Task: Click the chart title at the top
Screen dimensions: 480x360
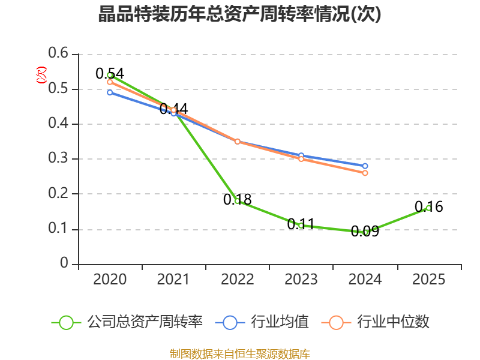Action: pos(239,14)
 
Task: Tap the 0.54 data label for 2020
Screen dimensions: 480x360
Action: pos(110,73)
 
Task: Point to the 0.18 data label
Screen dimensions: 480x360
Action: pos(237,200)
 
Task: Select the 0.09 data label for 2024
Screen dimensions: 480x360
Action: pos(365,231)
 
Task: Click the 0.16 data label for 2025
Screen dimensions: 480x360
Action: pos(428,206)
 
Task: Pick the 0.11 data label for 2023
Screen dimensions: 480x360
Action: pos(301,224)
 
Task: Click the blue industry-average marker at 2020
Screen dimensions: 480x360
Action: pos(110,92)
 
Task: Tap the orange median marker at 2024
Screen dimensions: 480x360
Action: pos(365,173)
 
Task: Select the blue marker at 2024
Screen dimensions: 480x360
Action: pos(365,166)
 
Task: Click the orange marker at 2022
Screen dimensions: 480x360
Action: pos(237,142)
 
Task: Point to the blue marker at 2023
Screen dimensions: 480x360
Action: pos(301,155)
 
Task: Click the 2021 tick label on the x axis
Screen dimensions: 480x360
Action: pos(173,279)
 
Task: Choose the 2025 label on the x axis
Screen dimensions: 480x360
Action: pos(428,279)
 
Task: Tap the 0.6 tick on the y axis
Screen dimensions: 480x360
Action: pos(58,53)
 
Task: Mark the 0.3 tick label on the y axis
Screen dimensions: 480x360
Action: pos(58,158)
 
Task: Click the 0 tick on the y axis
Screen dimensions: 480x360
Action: pos(64,263)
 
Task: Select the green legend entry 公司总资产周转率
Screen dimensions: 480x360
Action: pos(127,322)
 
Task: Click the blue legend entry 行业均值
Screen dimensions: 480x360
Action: pos(262,322)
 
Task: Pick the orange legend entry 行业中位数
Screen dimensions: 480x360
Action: pos(376,322)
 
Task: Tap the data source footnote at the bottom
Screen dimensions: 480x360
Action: pos(239,354)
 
